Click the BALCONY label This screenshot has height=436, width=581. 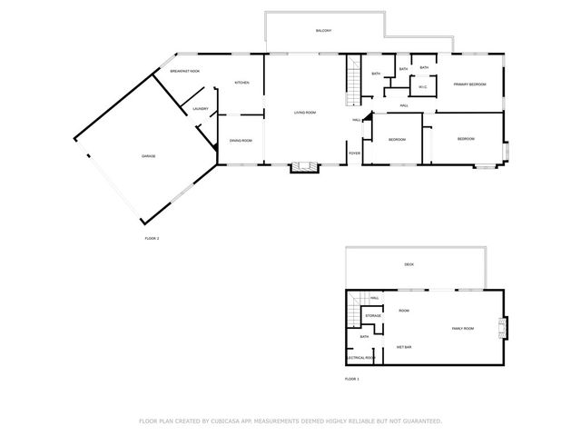(x=323, y=31)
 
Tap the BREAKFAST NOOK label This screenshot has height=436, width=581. (x=184, y=71)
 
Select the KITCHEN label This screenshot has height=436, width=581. (x=242, y=83)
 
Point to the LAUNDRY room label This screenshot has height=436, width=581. (x=201, y=110)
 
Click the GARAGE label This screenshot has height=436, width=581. (x=148, y=156)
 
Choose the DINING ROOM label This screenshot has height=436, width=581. (x=241, y=140)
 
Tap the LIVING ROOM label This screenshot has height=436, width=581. (x=304, y=113)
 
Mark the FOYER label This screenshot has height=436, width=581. (x=354, y=153)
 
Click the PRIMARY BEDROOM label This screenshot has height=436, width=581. (x=470, y=84)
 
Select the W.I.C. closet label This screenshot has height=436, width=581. (x=422, y=87)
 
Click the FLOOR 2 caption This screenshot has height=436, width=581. (x=152, y=238)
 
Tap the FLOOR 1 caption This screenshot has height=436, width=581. (x=352, y=378)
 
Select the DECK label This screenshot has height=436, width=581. (x=409, y=264)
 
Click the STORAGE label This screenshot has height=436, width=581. (x=373, y=316)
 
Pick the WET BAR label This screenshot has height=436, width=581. (x=404, y=347)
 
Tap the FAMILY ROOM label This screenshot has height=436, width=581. (x=463, y=328)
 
